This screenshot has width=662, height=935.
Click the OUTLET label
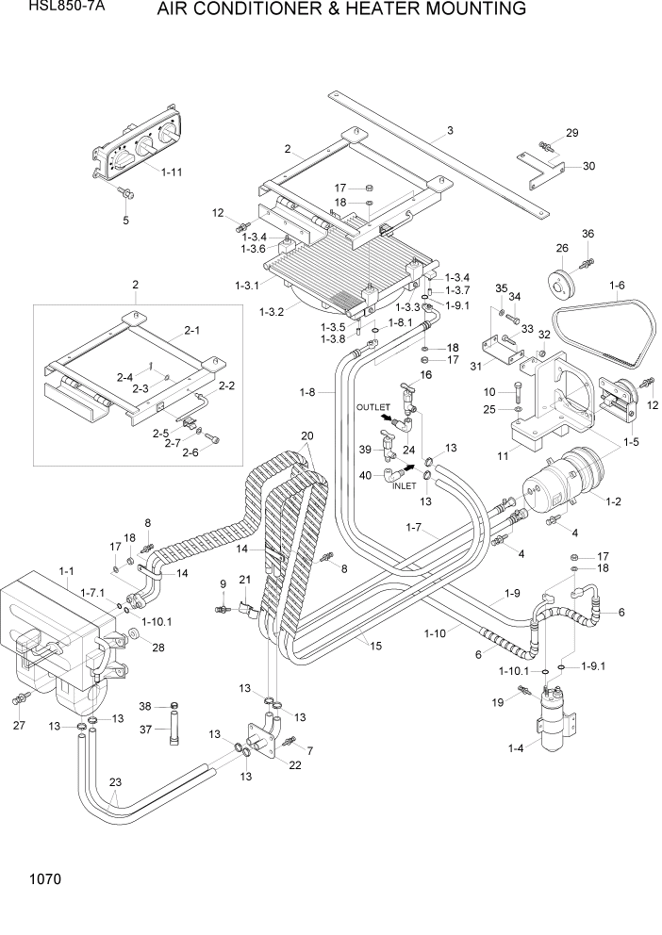tap(372, 406)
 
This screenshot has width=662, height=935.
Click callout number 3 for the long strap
tap(451, 130)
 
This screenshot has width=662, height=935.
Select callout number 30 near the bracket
tap(588, 167)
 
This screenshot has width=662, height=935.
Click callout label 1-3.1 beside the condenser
tap(247, 284)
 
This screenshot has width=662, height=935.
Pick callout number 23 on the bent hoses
tap(115, 781)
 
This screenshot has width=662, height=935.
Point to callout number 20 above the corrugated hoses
tap(306, 436)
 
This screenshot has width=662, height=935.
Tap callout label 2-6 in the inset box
tap(190, 451)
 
